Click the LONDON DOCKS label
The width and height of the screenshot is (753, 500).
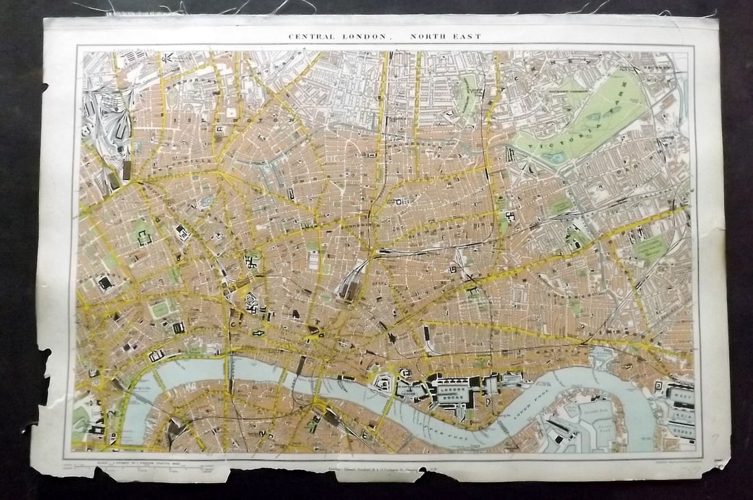455,391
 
